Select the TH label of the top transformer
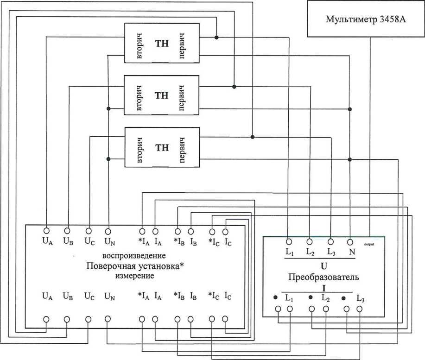(162, 44)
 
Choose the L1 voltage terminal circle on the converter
(289, 241)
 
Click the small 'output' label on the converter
(369, 242)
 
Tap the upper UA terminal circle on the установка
(46, 230)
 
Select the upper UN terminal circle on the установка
(108, 230)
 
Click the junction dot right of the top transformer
(216, 37)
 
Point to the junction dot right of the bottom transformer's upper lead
(253, 137)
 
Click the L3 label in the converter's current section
(361, 298)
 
